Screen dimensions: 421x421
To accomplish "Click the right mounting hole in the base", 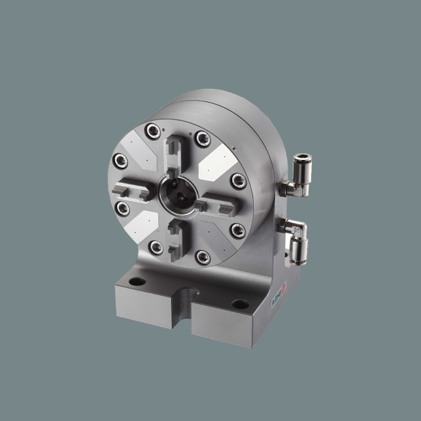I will (x=240, y=304).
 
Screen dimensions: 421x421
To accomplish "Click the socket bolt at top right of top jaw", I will (x=203, y=138).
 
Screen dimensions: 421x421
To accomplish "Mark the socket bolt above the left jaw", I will (x=121, y=159).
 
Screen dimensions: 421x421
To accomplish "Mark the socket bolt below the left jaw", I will (x=123, y=208).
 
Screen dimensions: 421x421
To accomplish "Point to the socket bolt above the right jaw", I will (x=236, y=182).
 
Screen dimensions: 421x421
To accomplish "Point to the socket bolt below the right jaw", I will (x=237, y=230).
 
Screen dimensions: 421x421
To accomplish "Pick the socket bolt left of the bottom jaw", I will (x=156, y=247).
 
